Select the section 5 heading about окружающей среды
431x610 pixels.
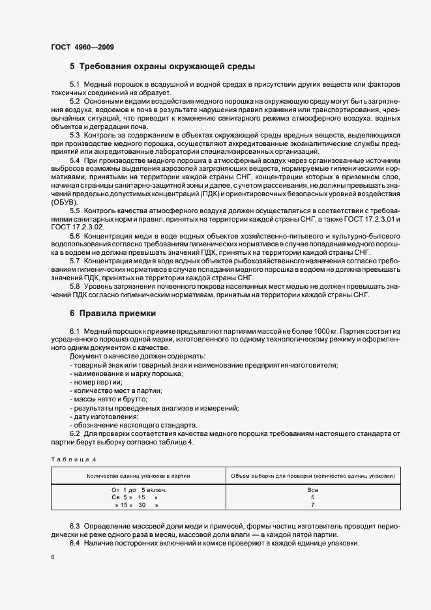click(x=162, y=66)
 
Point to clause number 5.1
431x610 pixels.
click(x=75, y=85)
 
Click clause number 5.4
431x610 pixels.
click(x=75, y=160)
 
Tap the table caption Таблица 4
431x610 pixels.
click(x=73, y=459)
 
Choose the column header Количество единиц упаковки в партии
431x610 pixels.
click(x=138, y=476)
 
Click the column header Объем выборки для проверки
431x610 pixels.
click(x=312, y=476)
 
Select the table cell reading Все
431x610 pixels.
click(x=312, y=489)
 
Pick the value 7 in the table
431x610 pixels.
click(x=312, y=505)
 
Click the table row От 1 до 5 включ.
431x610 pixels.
click(x=140, y=489)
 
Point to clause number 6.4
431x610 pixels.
click(x=75, y=544)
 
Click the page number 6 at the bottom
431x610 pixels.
click(x=52, y=558)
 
